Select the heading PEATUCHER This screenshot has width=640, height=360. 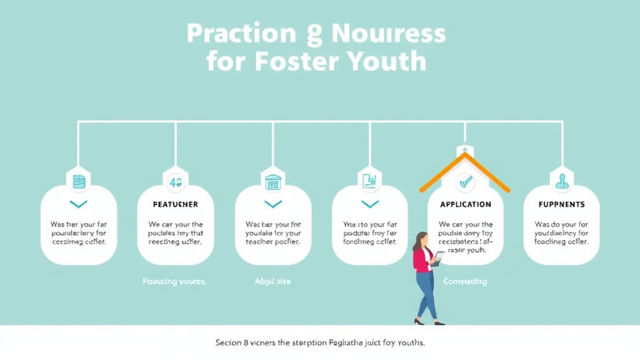pyautogui.click(x=176, y=204)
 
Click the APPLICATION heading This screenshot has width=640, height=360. pyautogui.click(x=466, y=204)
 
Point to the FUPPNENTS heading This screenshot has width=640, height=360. pyautogui.click(x=562, y=204)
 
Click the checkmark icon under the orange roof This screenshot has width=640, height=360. pyautogui.click(x=466, y=182)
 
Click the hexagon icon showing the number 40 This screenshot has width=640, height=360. pyautogui.click(x=176, y=182)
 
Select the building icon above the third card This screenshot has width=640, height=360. pyautogui.click(x=273, y=182)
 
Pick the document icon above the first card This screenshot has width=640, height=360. pyautogui.click(x=79, y=182)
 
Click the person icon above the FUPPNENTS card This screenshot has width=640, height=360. pyautogui.click(x=562, y=181)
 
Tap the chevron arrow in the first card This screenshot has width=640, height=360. pyautogui.click(x=79, y=204)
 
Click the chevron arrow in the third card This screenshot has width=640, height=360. pyautogui.click(x=273, y=204)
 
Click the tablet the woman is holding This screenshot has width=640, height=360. pyautogui.click(x=439, y=256)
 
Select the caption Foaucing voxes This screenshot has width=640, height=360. pyautogui.click(x=174, y=281)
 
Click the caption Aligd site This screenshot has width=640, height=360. pyautogui.click(x=272, y=281)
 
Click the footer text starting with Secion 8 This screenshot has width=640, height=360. pyautogui.click(x=320, y=343)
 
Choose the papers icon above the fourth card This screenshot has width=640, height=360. pyautogui.click(x=370, y=181)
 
